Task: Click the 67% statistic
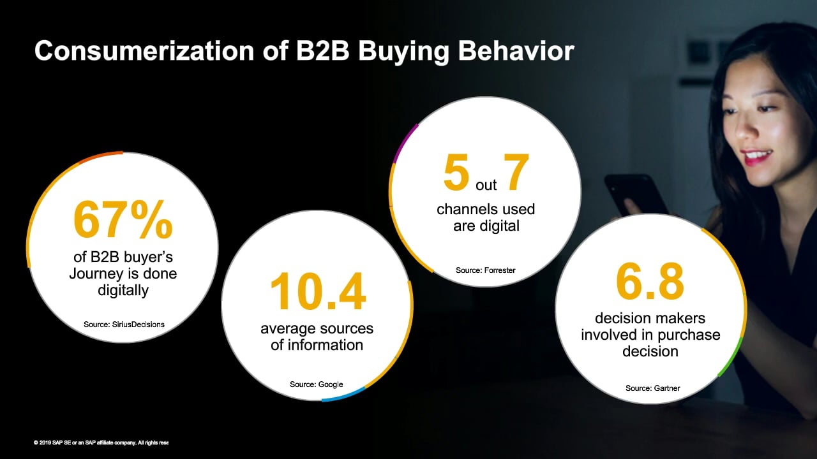click(123, 220)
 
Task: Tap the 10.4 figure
click(318, 291)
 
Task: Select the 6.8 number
click(650, 281)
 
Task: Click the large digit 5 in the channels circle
click(456, 172)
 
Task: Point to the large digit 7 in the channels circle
click(516, 171)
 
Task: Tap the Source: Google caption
click(316, 384)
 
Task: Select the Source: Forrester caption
click(486, 270)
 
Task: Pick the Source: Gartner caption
click(652, 388)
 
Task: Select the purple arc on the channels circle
click(405, 143)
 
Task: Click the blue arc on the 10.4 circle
click(344, 396)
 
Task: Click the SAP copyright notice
click(101, 442)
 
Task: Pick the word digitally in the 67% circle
click(123, 290)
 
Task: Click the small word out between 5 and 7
click(486, 186)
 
